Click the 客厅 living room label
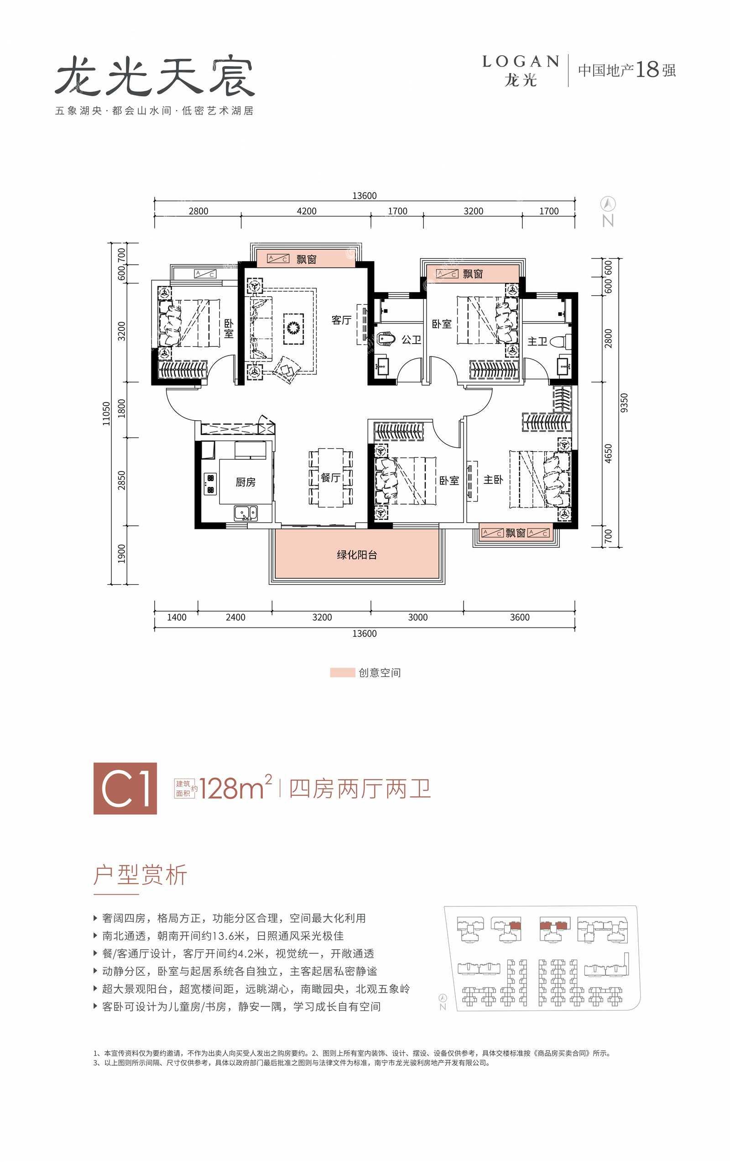[341, 320]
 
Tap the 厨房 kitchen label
[245, 482]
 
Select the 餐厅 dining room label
[330, 478]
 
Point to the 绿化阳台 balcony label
[356, 555]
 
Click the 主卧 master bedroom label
[493, 480]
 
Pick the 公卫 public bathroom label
[411, 340]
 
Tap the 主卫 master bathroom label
[537, 341]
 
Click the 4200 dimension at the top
[307, 211]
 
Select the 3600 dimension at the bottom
[520, 617]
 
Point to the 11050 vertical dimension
[106, 414]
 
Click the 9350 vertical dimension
[624, 403]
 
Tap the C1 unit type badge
[125, 789]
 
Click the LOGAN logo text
[521, 62]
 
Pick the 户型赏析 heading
[141, 874]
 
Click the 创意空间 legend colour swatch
[342, 673]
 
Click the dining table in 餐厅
[330, 477]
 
